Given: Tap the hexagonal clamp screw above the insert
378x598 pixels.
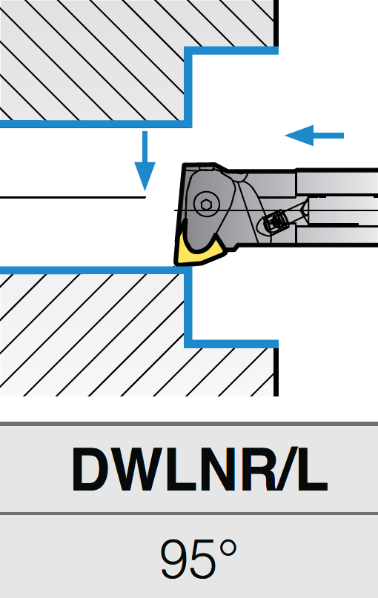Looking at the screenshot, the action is coord(205,205).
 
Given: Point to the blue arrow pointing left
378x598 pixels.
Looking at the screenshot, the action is coord(314,136).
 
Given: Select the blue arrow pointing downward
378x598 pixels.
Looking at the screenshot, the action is coord(145,160).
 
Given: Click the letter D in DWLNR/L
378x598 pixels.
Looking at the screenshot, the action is coord(90,469).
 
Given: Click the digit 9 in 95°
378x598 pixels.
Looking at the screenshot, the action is coord(174,559).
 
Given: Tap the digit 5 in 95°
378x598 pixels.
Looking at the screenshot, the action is coord(202,559).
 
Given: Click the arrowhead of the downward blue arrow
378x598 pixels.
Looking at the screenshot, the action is coord(145,176).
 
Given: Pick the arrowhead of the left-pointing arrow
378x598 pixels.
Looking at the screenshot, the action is coord(299,136).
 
